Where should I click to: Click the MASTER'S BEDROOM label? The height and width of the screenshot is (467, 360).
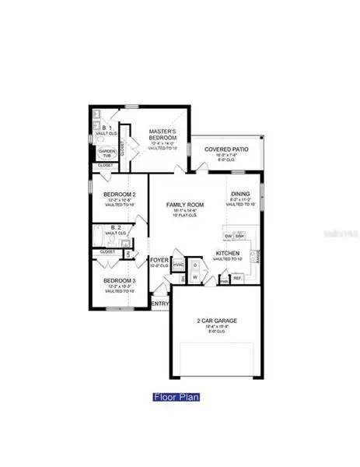(164, 135)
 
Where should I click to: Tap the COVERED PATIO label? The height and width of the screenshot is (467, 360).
(225, 149)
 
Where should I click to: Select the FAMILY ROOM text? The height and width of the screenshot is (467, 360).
(183, 205)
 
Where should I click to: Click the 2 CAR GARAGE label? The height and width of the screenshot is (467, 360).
(215, 321)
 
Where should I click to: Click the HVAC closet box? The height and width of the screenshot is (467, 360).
(178, 265)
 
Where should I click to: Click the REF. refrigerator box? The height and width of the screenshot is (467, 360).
(238, 277)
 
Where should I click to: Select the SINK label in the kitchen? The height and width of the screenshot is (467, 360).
(242, 236)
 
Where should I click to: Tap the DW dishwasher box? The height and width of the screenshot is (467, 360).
(229, 236)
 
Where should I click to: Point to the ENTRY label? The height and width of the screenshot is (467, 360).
(159, 304)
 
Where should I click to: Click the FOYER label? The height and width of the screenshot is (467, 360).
(159, 259)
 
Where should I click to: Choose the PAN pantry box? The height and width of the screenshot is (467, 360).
(223, 282)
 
